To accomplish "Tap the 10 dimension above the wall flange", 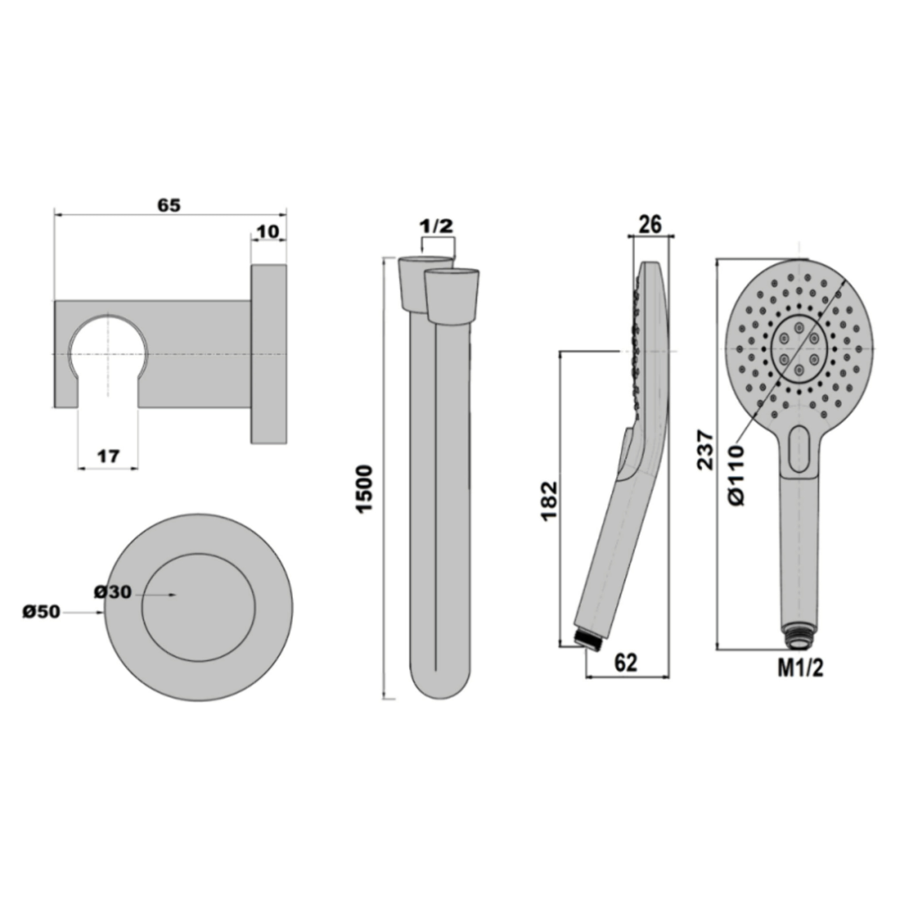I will pyautogui.click(x=267, y=232).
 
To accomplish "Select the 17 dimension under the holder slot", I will pyautogui.click(x=109, y=456).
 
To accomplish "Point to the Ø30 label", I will pyautogui.click(x=113, y=592).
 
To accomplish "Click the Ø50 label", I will pyautogui.click(x=41, y=612).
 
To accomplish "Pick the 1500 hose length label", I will pyautogui.click(x=365, y=488).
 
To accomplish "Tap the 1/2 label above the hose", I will pyautogui.click(x=436, y=226).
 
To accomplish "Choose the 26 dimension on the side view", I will pyautogui.click(x=650, y=225).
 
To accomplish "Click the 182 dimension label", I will pyautogui.click(x=550, y=501).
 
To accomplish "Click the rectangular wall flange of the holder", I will pyautogui.click(x=269, y=354).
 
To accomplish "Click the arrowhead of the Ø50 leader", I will pyautogui.click(x=102, y=613).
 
